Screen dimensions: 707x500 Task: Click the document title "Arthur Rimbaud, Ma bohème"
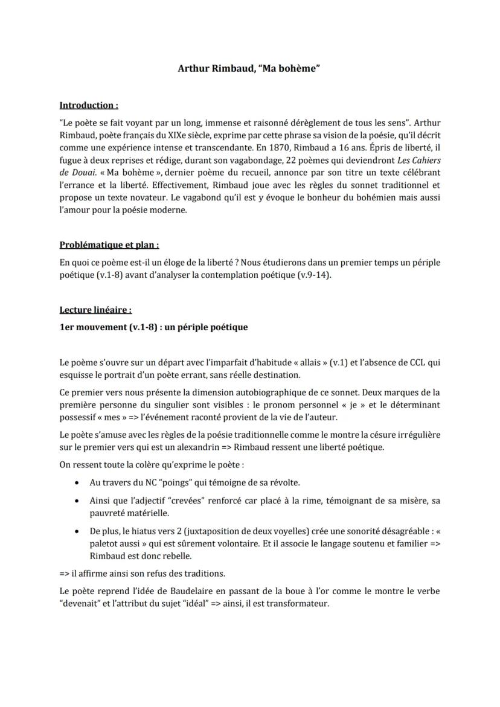[249, 68]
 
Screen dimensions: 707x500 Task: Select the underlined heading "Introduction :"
[89, 106]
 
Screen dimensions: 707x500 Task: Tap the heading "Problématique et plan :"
[109, 245]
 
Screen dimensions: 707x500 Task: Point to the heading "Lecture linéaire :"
[95, 310]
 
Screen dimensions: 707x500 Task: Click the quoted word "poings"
[164, 482]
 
